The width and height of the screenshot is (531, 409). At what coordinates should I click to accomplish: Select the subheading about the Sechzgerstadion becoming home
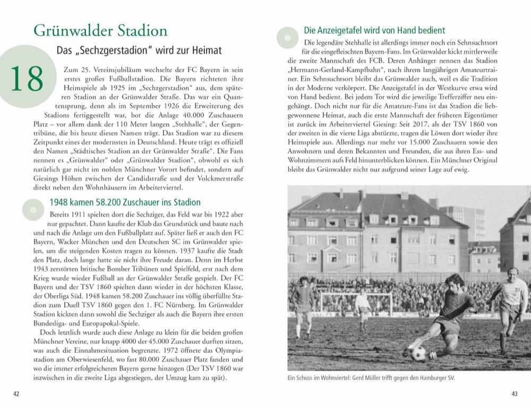139,50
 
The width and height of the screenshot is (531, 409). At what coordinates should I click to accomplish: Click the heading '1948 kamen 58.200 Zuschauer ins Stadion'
125,202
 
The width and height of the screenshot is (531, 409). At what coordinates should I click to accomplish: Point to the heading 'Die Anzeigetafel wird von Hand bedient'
374,30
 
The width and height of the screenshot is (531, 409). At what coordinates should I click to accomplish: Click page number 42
16,394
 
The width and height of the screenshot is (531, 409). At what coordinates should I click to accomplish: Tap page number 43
514,394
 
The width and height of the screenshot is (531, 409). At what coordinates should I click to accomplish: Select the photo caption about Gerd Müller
371,378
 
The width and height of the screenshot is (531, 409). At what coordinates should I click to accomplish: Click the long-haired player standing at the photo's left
304,305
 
